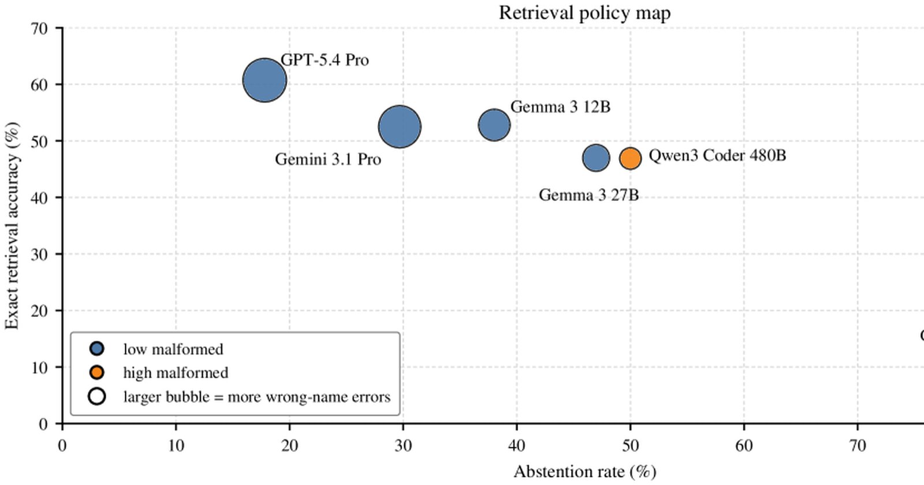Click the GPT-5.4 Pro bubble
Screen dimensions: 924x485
264,80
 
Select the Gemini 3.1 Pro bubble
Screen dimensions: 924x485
400,126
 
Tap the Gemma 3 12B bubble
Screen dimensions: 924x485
494,125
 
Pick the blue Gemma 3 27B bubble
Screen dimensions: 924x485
596,158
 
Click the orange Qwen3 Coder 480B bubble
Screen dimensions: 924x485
630,158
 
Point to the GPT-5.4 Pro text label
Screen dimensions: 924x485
325,60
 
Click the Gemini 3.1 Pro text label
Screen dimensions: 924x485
328,159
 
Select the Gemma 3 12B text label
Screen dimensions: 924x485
560,107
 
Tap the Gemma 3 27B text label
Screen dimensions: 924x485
588,195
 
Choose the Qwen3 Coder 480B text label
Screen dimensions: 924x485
717,156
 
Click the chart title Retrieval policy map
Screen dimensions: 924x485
584,13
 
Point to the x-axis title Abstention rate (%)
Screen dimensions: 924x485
584,472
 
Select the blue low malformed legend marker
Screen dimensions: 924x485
97,349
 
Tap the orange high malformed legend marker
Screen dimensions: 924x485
97,372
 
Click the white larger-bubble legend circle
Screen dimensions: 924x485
97,396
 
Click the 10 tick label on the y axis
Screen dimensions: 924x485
39,367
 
